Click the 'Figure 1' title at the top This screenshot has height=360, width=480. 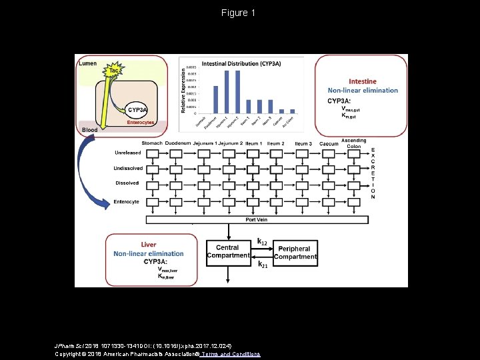point(239,13)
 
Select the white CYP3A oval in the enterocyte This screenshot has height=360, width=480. point(137,109)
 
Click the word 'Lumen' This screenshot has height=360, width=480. point(88,63)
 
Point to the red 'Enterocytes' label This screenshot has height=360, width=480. point(141,123)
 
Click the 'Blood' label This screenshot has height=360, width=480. point(89,129)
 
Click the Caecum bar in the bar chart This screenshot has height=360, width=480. point(282,111)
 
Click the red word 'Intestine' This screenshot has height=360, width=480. point(362,81)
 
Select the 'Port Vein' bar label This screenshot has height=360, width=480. point(257,220)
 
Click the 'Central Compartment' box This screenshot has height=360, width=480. point(228,251)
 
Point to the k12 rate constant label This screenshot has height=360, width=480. point(263,241)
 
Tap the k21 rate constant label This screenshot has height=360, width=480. point(263,265)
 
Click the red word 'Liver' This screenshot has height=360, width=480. point(148,245)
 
